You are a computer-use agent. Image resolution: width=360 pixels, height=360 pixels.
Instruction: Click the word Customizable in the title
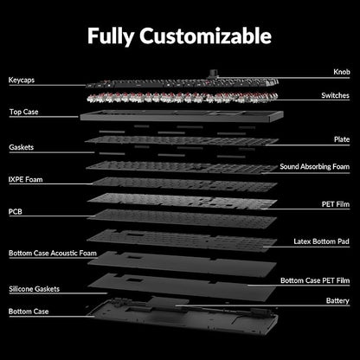205,36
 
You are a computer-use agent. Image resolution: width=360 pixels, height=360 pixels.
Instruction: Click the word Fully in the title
111,37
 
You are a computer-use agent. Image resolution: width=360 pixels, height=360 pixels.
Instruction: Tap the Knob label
342,72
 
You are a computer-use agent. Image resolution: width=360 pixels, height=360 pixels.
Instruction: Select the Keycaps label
22,80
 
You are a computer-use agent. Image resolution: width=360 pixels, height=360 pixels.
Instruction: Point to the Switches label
335,95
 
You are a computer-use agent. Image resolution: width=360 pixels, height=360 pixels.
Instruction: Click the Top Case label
23,112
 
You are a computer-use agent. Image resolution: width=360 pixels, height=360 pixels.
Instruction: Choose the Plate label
342,139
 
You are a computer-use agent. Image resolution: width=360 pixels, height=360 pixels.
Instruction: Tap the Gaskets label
22,147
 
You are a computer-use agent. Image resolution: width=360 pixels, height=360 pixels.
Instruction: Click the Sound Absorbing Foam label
315,167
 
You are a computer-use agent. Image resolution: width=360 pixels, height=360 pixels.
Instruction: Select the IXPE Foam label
26,180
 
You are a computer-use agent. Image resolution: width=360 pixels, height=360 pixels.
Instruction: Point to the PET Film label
336,204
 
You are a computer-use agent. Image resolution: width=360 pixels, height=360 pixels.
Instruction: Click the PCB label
16,212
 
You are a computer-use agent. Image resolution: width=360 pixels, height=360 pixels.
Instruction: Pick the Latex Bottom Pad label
321,241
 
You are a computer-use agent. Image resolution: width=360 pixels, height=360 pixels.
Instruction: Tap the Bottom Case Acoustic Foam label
53,254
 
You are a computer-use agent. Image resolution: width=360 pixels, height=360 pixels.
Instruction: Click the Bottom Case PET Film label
315,280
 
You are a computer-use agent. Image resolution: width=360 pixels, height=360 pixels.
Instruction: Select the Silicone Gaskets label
35,289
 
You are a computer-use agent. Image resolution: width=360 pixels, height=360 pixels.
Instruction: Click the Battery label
337,301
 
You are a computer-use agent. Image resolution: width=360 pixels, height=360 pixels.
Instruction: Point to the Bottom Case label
29,312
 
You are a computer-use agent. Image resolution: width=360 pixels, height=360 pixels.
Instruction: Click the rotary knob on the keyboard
214,73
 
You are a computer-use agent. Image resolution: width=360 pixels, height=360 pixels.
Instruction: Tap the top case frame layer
182,116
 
